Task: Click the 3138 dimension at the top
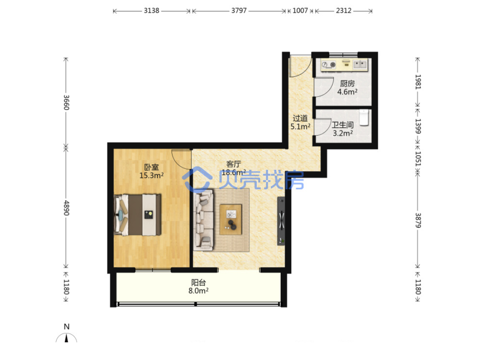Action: coord(152,11)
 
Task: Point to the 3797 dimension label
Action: coord(239,11)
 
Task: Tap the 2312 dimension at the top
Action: coord(343,11)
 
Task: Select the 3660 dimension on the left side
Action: coord(66,103)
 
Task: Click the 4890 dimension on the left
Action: coord(66,208)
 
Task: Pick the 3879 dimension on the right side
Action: coord(418,220)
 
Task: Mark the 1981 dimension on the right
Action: coord(418,82)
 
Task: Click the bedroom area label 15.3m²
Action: coord(152,176)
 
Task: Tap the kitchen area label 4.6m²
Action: coord(347,92)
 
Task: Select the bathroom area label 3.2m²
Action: coord(343,133)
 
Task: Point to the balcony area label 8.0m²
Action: coord(198,291)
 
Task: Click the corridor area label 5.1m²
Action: coord(300,126)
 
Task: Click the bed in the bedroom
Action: coord(137,215)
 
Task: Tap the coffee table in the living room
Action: coord(231,219)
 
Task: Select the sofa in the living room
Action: coord(203,219)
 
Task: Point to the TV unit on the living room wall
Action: coord(281,221)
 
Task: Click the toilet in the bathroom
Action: coord(364,118)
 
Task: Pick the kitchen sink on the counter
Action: coord(360,65)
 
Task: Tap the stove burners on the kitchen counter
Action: coord(329,65)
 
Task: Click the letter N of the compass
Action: coord(66,326)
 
